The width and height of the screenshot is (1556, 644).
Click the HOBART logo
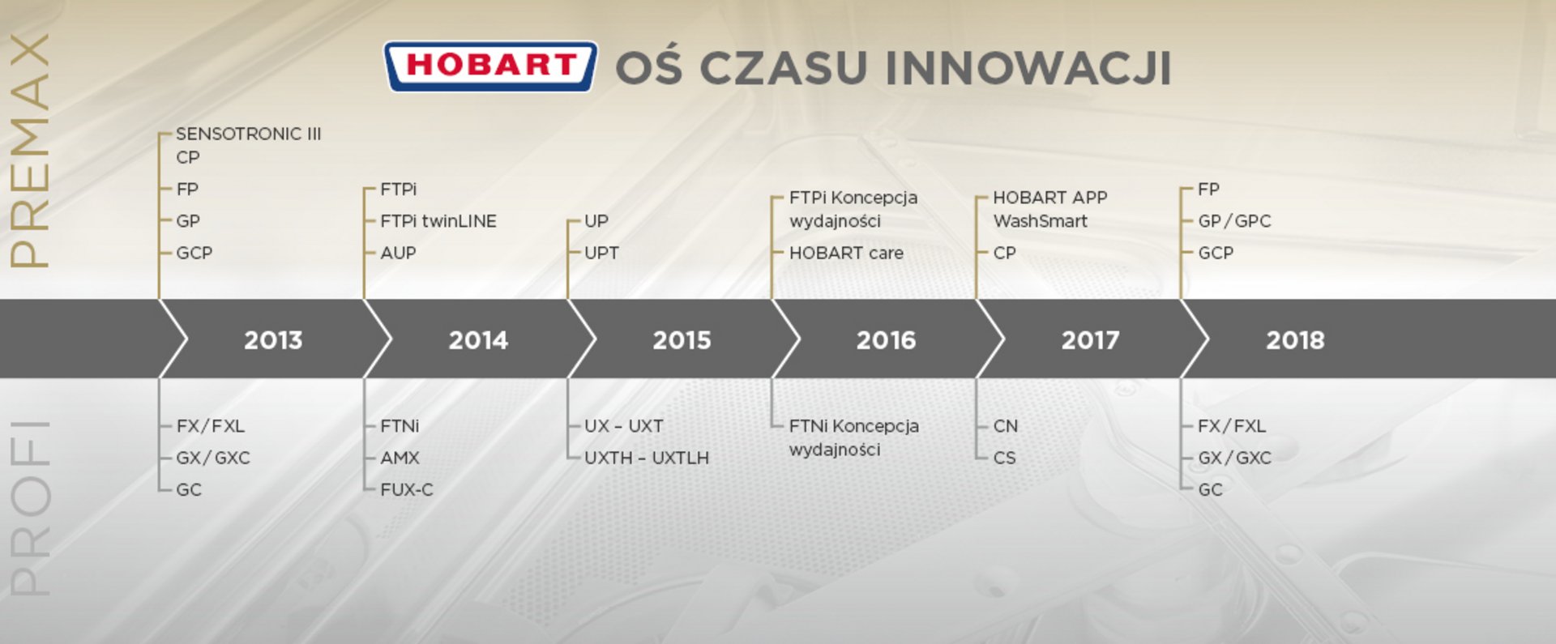(490, 66)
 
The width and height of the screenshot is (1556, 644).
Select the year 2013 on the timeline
(273, 339)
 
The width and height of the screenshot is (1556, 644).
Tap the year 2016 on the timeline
(886, 339)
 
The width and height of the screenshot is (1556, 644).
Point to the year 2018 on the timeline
(1295, 339)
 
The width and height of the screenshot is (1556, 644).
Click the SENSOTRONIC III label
(249, 134)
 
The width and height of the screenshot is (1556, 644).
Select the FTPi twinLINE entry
(438, 221)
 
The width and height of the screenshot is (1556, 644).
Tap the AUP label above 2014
(398, 253)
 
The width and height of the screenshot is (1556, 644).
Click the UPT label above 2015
(601, 253)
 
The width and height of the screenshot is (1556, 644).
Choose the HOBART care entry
(846, 253)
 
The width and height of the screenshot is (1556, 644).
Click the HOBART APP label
(1050, 198)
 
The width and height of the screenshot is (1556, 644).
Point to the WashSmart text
(1041, 221)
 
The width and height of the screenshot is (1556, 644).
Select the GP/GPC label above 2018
(1234, 221)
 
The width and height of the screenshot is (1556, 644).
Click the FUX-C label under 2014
(407, 489)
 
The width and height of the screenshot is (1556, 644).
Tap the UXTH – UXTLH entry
(647, 458)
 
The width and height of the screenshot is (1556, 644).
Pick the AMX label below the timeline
(400, 458)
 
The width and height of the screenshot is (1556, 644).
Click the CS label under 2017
(1004, 458)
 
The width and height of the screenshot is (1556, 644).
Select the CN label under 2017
(1006, 426)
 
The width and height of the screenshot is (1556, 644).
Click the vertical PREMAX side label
(30, 151)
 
